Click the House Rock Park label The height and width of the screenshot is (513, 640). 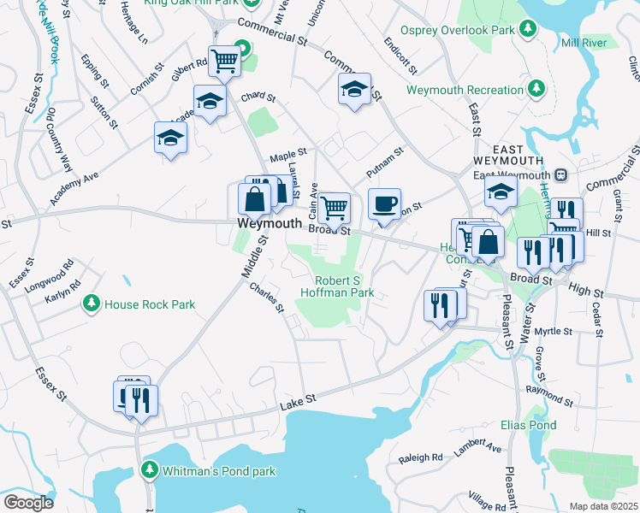149,304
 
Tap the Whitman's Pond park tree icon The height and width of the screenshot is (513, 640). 150,470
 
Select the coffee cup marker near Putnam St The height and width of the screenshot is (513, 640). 384,205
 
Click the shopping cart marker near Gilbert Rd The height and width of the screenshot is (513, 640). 224,61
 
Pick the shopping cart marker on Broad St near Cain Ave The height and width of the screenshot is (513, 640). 335,207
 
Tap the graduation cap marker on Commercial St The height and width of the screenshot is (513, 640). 354,89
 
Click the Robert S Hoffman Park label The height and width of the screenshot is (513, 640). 337,286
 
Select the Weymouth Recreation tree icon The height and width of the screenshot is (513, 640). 536,89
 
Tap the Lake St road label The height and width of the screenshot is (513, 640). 299,399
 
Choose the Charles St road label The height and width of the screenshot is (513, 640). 266,298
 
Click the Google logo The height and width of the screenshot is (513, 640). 28,502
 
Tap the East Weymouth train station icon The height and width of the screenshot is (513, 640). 561,174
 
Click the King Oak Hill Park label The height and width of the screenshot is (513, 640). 192,3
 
